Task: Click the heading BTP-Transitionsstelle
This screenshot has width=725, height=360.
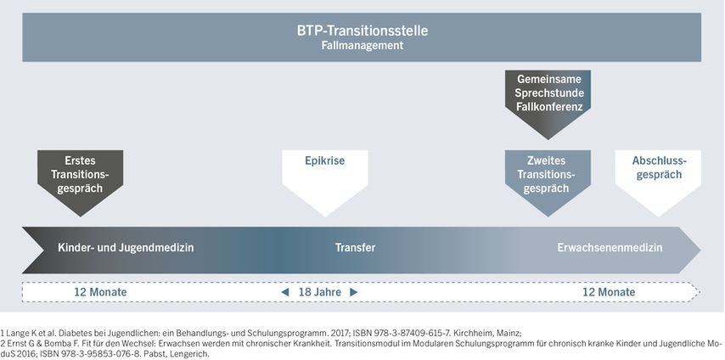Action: tap(362, 31)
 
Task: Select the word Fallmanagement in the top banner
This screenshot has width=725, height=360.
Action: tap(362, 45)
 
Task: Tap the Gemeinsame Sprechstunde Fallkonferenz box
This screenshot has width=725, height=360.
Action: tap(548, 104)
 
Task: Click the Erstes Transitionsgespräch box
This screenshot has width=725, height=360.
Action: tap(81, 183)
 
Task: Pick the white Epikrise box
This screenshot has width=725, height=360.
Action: tap(325, 183)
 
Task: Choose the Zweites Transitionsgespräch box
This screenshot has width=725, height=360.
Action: tap(548, 183)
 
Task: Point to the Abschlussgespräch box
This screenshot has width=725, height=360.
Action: tap(658, 183)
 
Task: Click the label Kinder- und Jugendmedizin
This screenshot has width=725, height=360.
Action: tap(126, 248)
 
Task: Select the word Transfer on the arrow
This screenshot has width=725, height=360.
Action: tap(355, 248)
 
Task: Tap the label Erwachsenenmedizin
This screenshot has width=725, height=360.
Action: tap(610, 248)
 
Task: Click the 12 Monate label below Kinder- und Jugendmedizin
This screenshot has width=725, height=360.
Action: tap(100, 292)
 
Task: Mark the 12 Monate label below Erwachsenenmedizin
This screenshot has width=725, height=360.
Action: tap(609, 292)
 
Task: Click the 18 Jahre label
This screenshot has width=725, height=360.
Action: tap(320, 292)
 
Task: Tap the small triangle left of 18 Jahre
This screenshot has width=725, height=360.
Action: tap(285, 292)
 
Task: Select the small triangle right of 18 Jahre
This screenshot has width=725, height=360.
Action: tap(354, 292)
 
